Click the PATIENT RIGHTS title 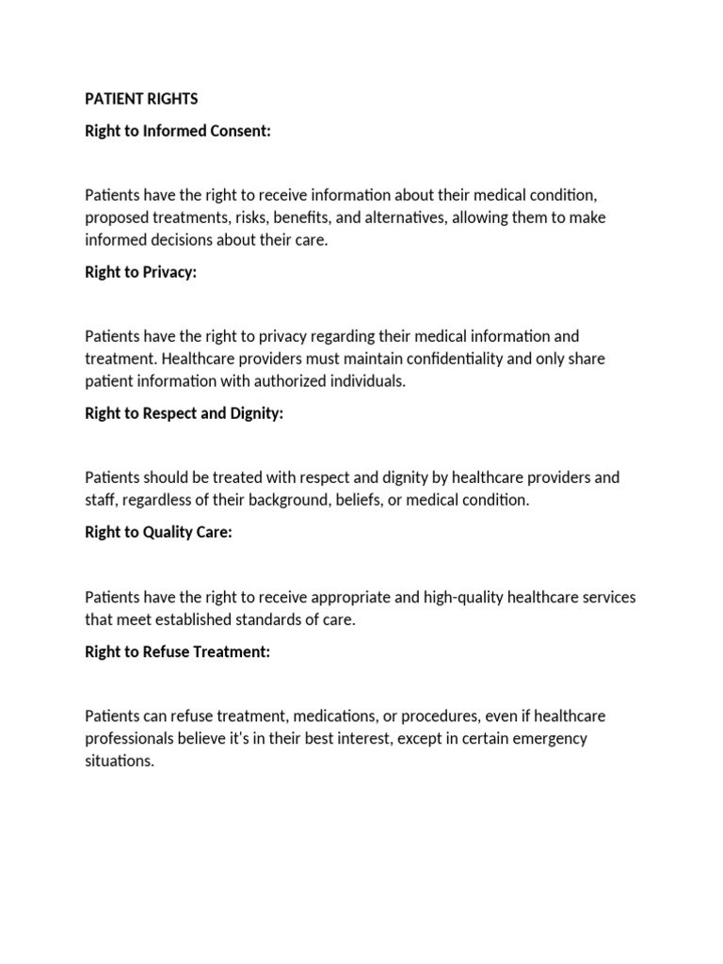(x=141, y=99)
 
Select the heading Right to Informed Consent (x=178, y=131)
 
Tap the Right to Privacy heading (x=141, y=272)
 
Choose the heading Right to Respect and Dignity (x=184, y=413)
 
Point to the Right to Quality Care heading (x=158, y=532)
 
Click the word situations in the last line (x=119, y=762)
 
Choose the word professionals (x=128, y=739)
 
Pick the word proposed (x=116, y=217)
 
